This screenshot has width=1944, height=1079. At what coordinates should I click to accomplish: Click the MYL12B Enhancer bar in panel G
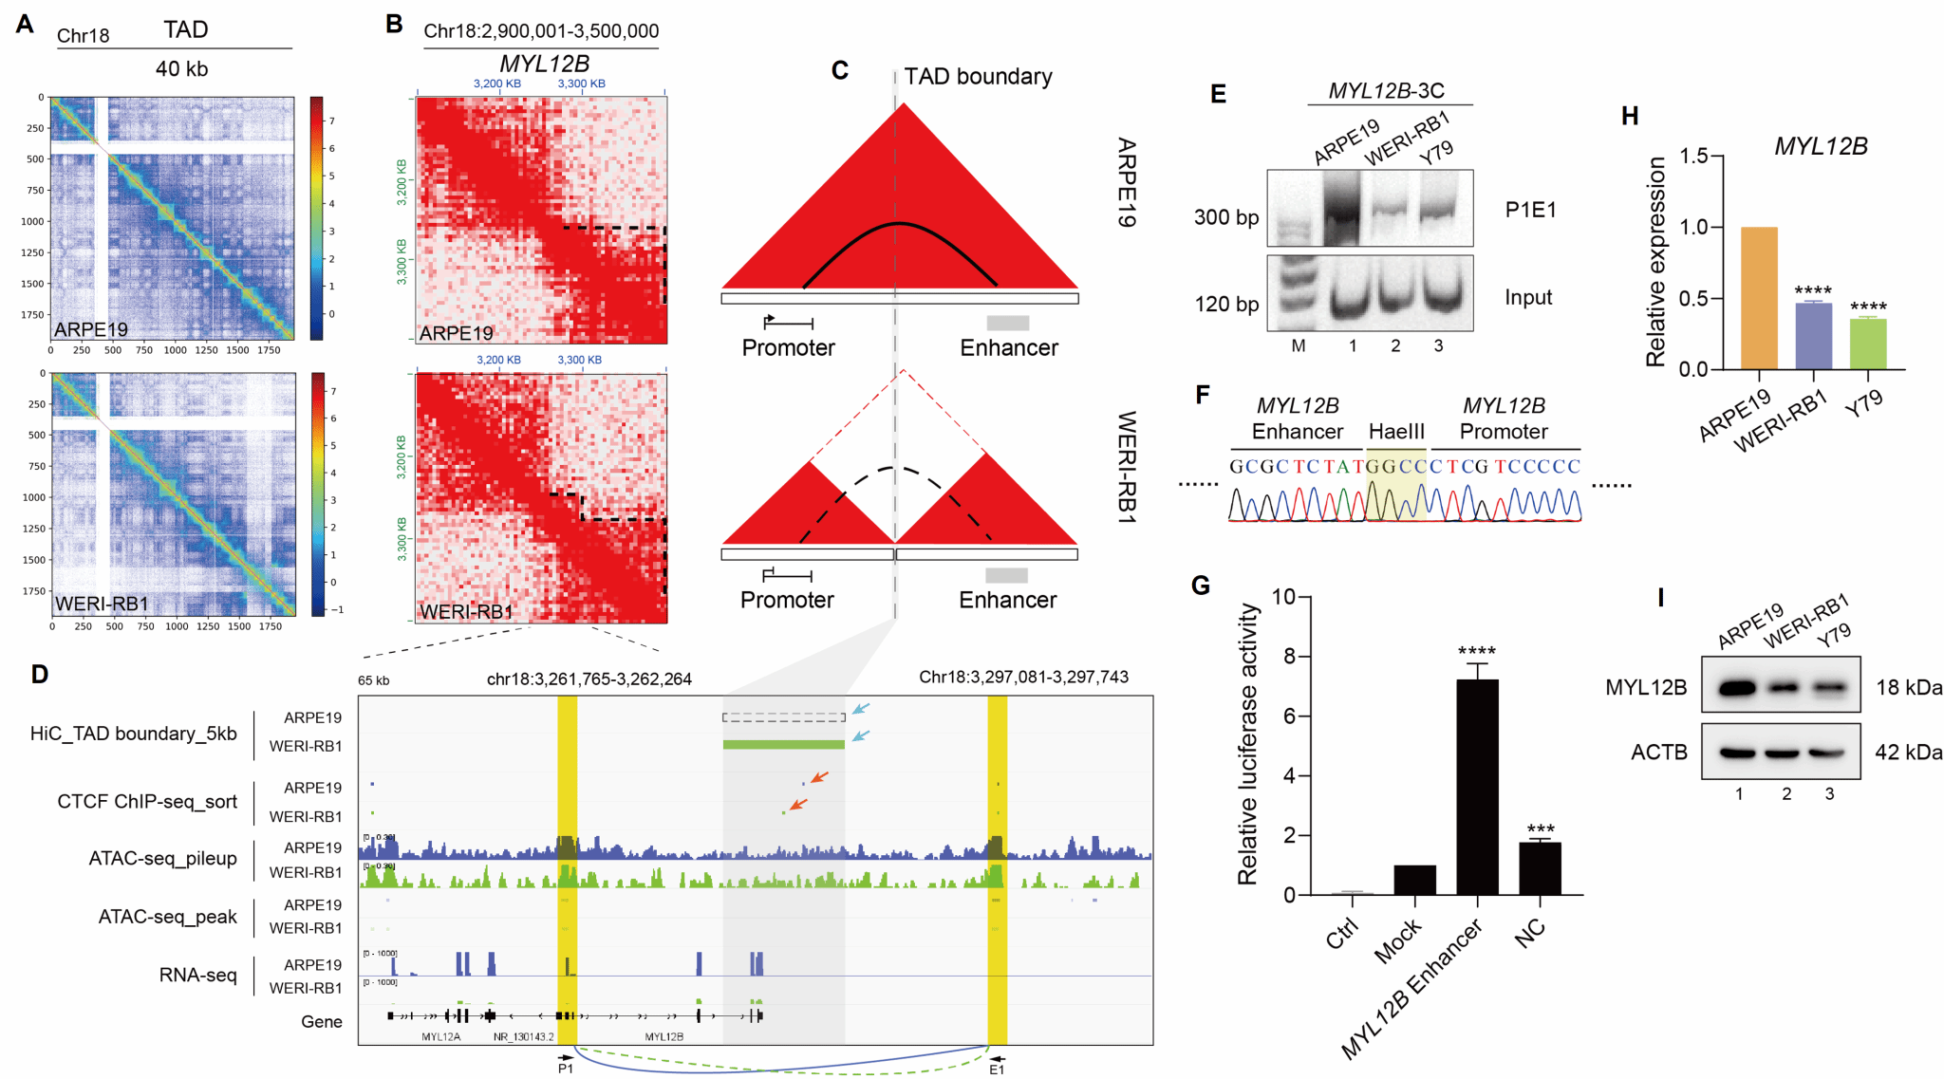(1477, 788)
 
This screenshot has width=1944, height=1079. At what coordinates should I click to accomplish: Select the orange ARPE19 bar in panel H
(1759, 298)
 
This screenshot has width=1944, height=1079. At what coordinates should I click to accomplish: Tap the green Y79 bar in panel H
(1867, 344)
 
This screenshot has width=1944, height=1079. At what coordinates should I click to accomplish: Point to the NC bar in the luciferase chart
(1540, 868)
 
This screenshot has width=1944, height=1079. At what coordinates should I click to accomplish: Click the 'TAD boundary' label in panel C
(978, 77)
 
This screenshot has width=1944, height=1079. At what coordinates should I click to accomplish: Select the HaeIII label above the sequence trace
(1396, 432)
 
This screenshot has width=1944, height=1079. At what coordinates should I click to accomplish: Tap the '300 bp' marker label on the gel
(1225, 217)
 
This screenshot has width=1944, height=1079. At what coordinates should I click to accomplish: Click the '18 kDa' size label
(1908, 688)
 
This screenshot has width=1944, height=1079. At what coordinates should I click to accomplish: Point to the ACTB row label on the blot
(1658, 753)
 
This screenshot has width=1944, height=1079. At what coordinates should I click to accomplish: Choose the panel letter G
(1201, 586)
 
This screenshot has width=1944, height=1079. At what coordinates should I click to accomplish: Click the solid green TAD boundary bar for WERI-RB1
(783, 745)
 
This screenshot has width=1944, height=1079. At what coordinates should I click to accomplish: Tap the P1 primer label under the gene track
(566, 1070)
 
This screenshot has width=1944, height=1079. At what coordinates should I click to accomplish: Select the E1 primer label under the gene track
(997, 1070)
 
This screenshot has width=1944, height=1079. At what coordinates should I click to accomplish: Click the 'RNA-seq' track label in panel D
(197, 976)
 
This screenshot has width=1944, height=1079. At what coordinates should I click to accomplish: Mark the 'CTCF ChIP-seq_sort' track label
(147, 802)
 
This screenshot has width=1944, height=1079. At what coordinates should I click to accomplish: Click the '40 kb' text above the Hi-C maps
(181, 69)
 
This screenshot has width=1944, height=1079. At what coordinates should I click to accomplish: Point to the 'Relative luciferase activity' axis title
(1248, 745)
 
